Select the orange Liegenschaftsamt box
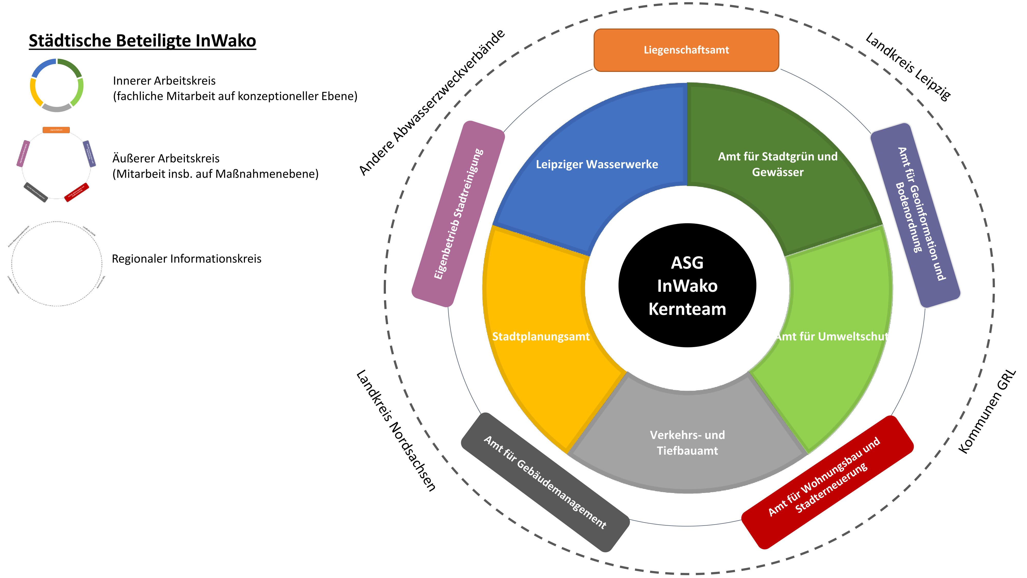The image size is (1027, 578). click(x=686, y=50)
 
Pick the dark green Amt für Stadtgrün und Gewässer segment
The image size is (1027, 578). click(x=777, y=164)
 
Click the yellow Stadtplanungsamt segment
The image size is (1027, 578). click(x=541, y=336)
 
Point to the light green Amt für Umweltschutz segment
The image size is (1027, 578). click(x=832, y=336)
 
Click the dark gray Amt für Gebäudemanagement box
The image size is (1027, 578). click(x=545, y=482)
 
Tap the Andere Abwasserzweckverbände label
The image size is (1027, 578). click(x=431, y=102)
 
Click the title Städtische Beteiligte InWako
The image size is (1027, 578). click(x=142, y=41)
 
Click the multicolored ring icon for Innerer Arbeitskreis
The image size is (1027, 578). click(x=56, y=85)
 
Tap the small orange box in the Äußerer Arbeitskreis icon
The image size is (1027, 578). click(x=56, y=130)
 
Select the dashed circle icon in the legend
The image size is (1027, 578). click(x=56, y=264)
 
